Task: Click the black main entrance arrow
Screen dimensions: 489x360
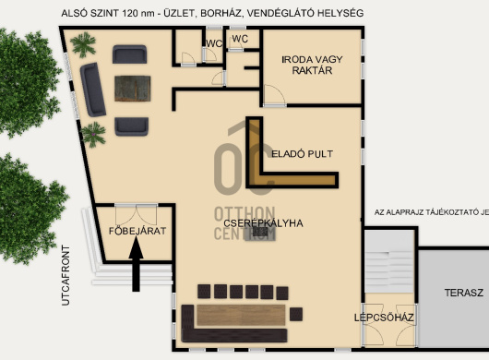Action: [x=136, y=264]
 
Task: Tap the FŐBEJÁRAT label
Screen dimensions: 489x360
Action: [x=137, y=231]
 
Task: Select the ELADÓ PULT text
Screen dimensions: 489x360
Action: [x=302, y=154]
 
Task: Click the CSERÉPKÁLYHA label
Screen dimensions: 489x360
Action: [x=263, y=223]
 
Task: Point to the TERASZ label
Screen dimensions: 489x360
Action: [x=464, y=293]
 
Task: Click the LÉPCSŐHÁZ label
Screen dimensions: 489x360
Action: [x=384, y=318]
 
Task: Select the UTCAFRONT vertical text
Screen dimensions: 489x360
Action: [x=66, y=275]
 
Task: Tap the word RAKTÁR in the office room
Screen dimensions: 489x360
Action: [x=312, y=70]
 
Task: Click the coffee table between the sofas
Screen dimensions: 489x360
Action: [x=133, y=89]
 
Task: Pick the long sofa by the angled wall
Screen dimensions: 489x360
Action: [x=93, y=90]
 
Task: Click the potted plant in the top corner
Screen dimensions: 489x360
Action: [x=83, y=44]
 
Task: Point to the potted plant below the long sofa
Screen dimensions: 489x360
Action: [x=93, y=135]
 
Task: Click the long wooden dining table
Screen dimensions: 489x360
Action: [x=242, y=315]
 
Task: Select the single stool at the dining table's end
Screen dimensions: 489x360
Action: [x=296, y=314]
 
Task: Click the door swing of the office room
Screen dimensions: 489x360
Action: [x=274, y=95]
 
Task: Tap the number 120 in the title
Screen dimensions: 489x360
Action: [x=130, y=13]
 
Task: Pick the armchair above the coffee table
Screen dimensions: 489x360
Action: [x=129, y=54]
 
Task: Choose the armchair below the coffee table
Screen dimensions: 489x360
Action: [x=131, y=126]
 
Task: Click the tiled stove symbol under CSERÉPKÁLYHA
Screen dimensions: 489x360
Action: [x=260, y=232]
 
